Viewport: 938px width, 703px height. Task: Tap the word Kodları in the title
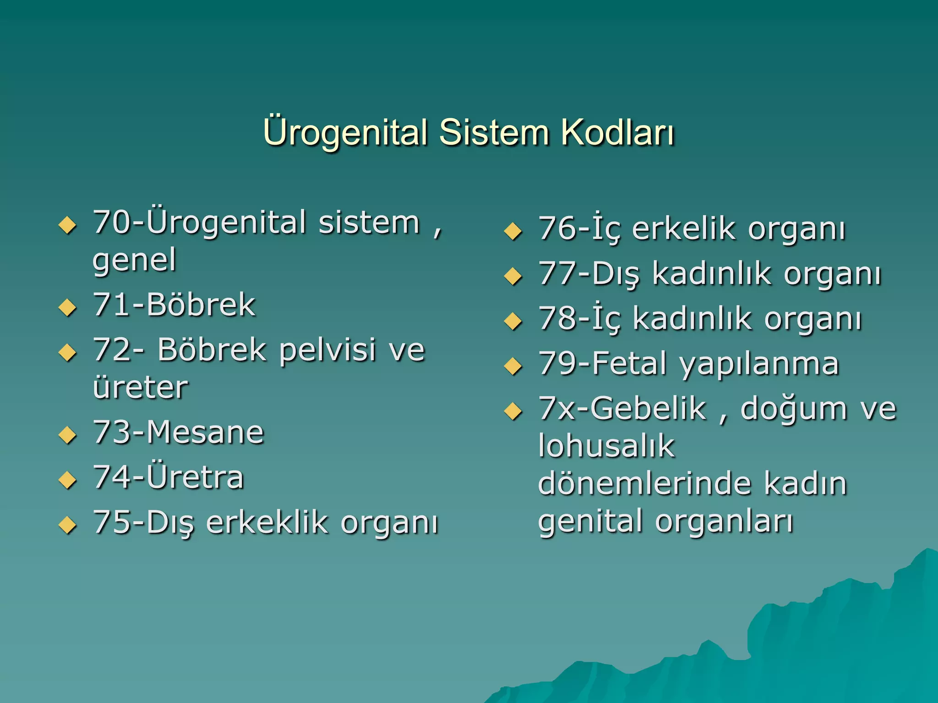pos(618,132)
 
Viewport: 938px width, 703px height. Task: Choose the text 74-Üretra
pos(169,477)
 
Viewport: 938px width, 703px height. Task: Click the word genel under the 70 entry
pos(135,260)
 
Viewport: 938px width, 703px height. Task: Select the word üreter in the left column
pos(140,387)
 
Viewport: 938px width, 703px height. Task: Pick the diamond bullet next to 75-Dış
pos(67,525)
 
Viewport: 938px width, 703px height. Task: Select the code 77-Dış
pos(589,274)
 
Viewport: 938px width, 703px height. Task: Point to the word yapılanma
pos(759,364)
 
